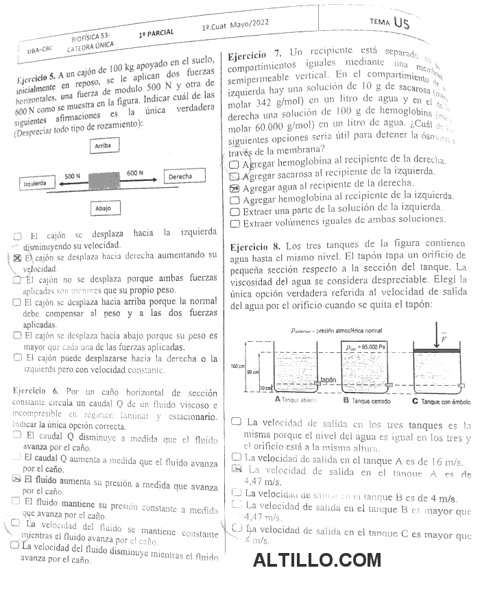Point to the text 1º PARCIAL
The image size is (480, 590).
click(156, 32)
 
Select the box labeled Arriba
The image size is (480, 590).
click(103, 145)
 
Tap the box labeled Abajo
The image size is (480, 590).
click(104, 208)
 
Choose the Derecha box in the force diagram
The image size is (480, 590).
click(186, 177)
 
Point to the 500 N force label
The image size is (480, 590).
click(74, 176)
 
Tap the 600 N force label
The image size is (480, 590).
click(135, 173)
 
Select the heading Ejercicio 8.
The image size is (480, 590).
click(254, 245)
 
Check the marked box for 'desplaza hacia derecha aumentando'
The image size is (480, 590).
click(18, 258)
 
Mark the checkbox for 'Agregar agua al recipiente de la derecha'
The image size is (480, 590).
click(235, 188)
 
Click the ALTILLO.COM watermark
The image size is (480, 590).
click(317, 561)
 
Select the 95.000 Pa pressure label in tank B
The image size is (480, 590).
click(366, 347)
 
